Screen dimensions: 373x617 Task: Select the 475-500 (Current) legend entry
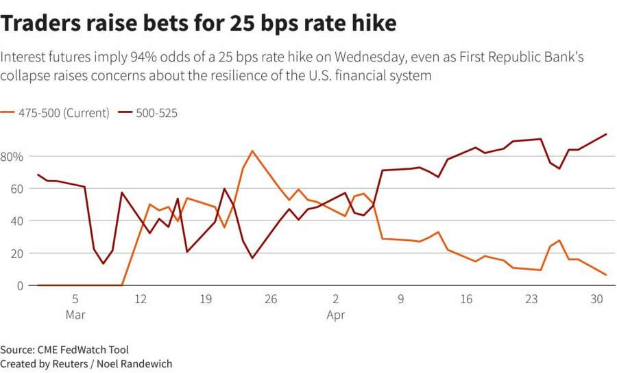61,113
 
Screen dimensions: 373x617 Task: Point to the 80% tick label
13,157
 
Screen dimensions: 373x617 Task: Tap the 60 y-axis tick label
16,189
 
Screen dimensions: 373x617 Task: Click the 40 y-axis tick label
16,221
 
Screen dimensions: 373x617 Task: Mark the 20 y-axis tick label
16,253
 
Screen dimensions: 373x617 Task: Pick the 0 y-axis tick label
19,285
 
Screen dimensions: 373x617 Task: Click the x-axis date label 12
141,299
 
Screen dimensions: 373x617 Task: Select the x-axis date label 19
206,299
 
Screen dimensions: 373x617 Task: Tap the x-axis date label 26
271,299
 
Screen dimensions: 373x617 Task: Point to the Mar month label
75,315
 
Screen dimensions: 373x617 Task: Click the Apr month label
336,315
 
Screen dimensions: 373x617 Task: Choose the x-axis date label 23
531,299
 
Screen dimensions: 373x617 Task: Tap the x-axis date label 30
596,299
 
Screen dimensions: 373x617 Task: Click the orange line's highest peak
252,151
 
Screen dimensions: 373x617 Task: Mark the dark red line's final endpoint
607,134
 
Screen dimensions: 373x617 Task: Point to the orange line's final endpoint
607,275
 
